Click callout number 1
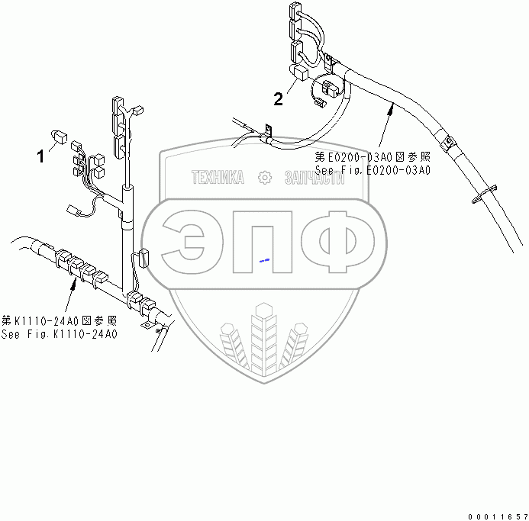(x=40, y=157)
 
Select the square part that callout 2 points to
(x=300, y=73)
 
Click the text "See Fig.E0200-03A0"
(x=373, y=170)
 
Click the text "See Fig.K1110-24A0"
(x=59, y=334)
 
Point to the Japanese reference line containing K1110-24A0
(x=59, y=320)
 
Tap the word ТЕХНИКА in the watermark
(x=218, y=178)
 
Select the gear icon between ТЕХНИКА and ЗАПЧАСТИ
(x=265, y=178)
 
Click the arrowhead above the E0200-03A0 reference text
(x=391, y=109)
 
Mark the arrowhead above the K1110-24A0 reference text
(x=73, y=283)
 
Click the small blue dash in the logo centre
(x=264, y=260)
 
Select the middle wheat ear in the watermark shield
(x=264, y=336)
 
